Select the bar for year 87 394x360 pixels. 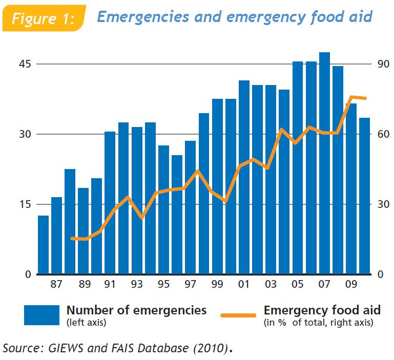[x=57, y=236]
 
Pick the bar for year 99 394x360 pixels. [x=217, y=186]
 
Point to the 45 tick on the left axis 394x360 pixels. [x=25, y=65]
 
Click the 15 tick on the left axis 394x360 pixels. [x=25, y=204]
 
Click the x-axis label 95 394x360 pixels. [x=163, y=284]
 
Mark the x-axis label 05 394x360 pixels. [x=298, y=284]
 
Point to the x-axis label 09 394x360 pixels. [x=351, y=284]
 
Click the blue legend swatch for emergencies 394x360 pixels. [x=42, y=315]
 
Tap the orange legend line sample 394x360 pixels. [x=238, y=314]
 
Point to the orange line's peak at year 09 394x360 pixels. [x=352, y=97]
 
